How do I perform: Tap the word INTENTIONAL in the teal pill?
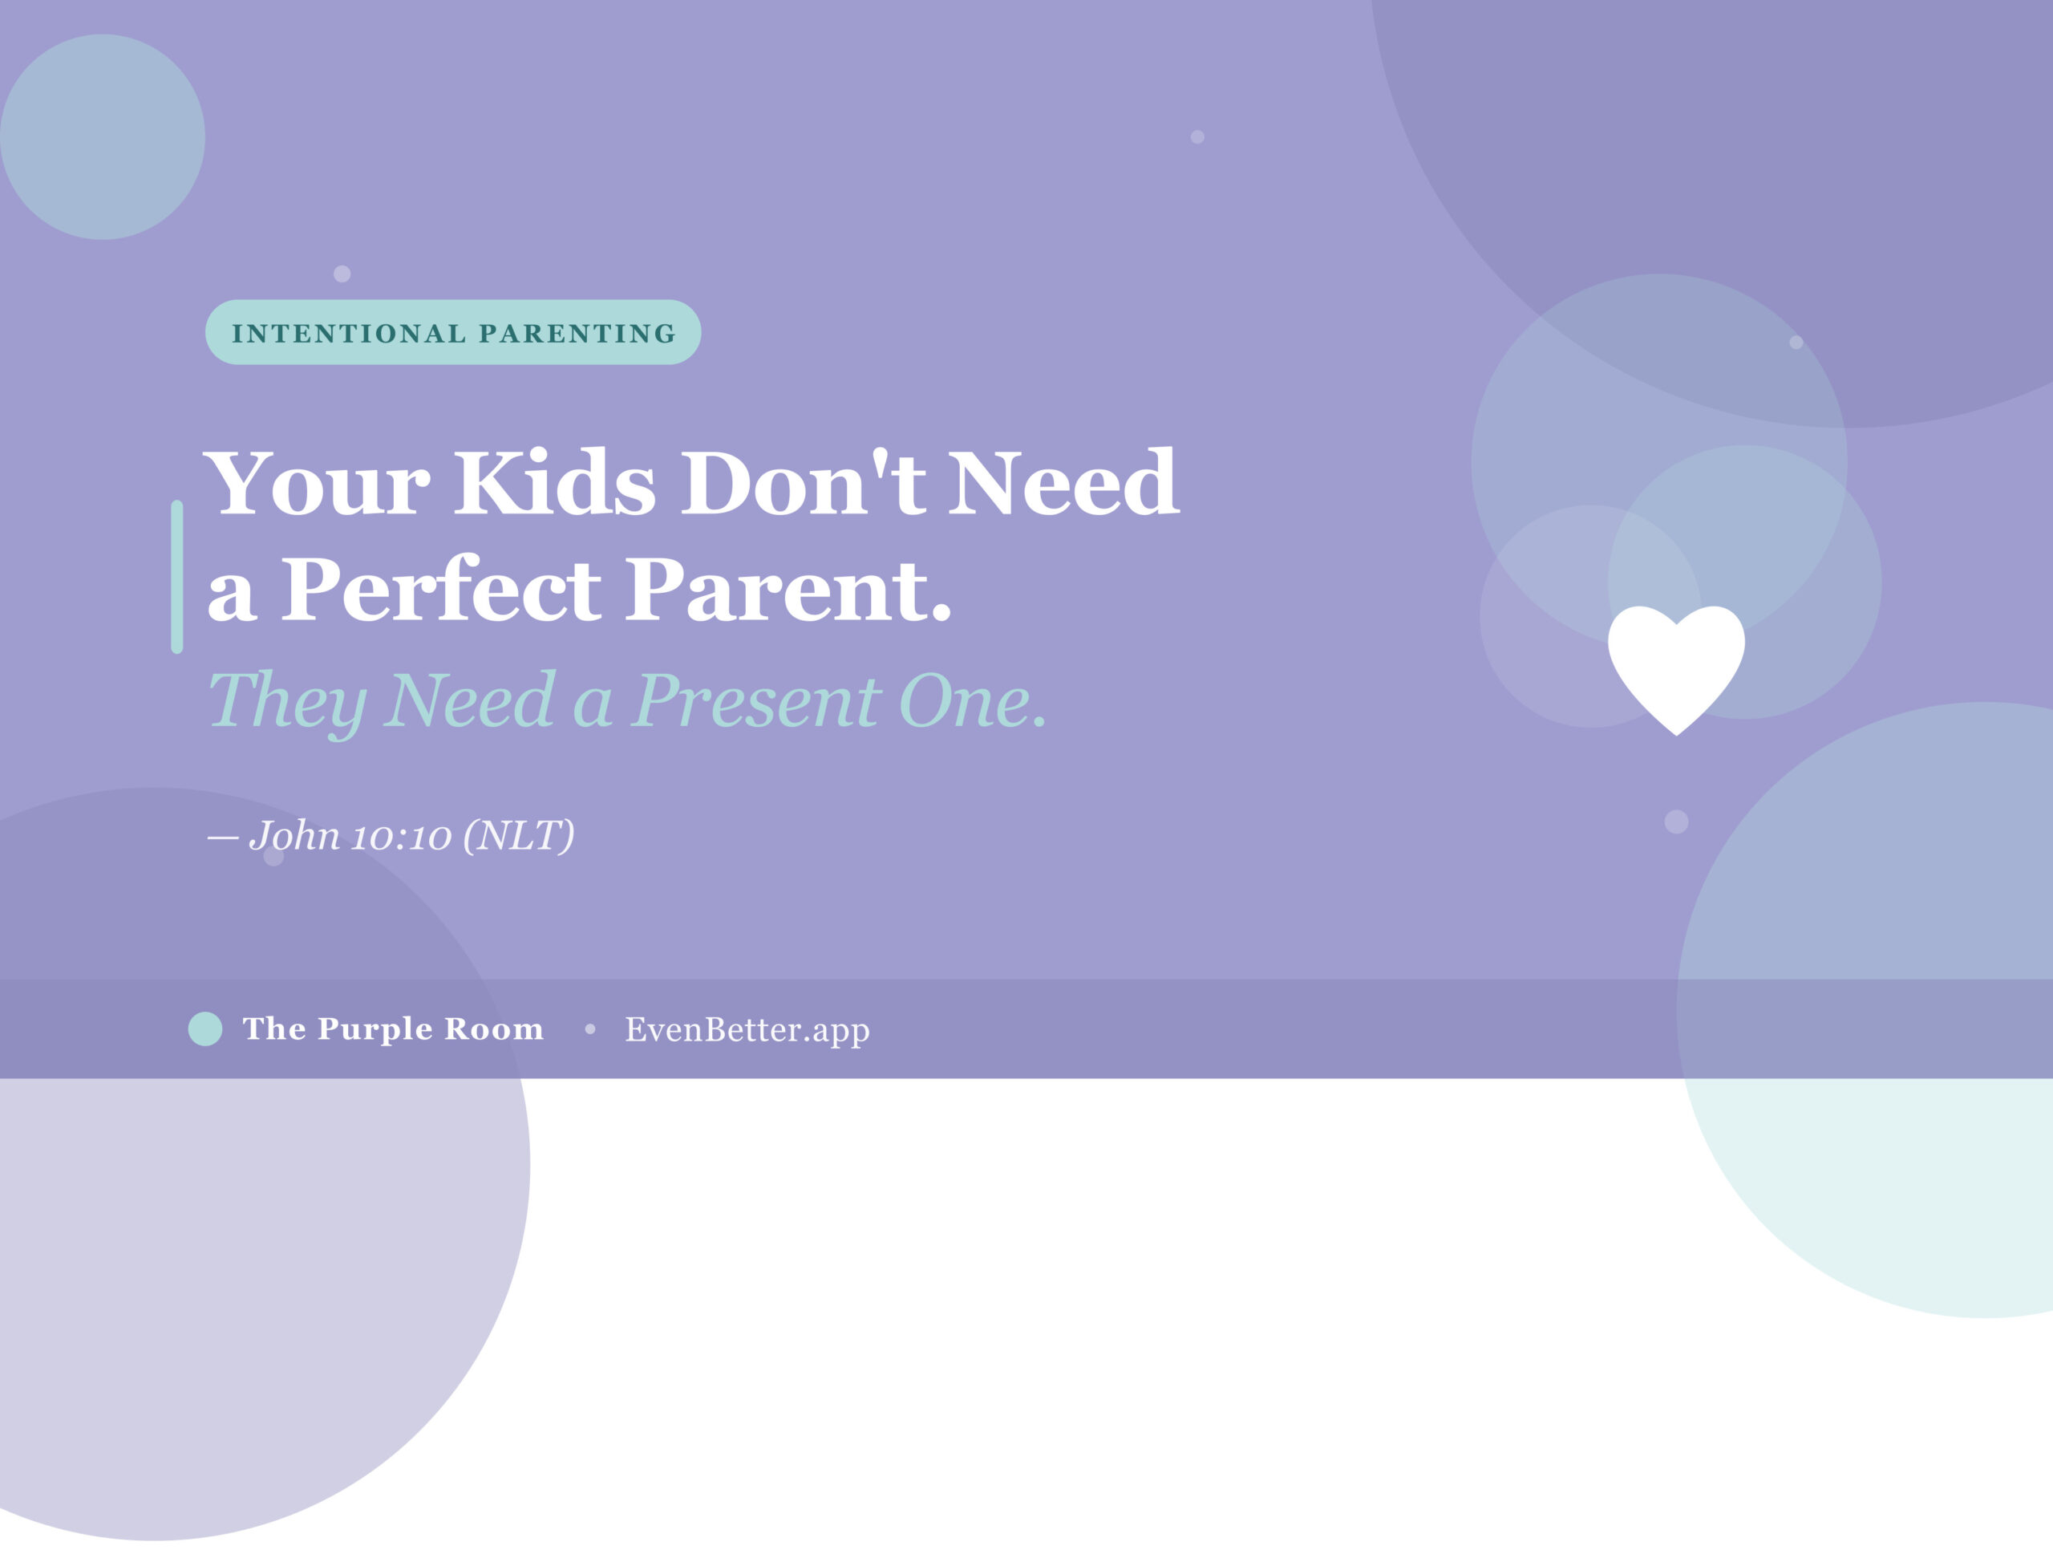click(349, 333)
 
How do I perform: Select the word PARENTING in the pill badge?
click(577, 333)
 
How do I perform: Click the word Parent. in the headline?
click(789, 590)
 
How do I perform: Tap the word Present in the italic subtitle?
click(755, 700)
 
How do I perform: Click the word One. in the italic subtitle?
click(974, 700)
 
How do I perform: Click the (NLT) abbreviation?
click(519, 836)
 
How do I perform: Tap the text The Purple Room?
click(393, 1029)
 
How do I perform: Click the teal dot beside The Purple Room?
click(205, 1029)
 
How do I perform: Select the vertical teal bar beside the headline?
click(177, 577)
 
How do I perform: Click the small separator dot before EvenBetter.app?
click(590, 1029)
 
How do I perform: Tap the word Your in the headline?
click(317, 483)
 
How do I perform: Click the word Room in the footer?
click(494, 1029)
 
